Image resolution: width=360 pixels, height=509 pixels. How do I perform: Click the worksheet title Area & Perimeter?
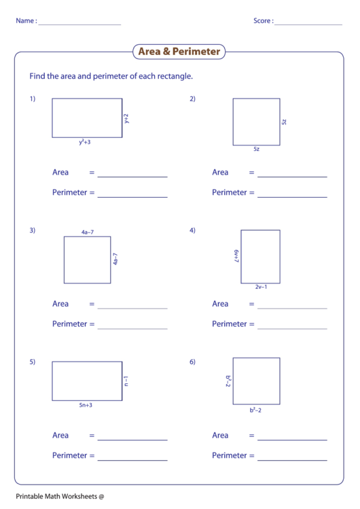tap(179, 52)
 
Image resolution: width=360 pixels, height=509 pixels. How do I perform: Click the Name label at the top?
tap(26, 21)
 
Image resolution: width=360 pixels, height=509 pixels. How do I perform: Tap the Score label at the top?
tap(264, 21)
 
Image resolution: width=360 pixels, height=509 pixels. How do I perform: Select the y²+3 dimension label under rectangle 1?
tap(84, 143)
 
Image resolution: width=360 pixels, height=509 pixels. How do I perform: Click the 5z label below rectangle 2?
tap(256, 148)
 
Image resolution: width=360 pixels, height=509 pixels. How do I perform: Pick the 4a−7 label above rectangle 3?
tap(87, 232)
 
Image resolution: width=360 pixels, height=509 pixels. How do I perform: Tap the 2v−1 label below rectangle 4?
tap(261, 287)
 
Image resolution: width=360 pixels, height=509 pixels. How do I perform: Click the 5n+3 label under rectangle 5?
tap(85, 405)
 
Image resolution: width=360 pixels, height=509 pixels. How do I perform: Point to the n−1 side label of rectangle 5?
tap(126, 381)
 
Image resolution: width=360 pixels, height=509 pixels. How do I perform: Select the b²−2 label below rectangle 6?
tap(255, 410)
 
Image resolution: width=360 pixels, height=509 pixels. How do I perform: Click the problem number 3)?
tap(32, 230)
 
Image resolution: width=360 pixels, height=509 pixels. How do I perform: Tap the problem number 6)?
tap(192, 362)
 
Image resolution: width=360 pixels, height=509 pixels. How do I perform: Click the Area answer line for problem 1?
tap(132, 177)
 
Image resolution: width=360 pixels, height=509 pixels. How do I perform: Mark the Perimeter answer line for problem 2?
tap(292, 197)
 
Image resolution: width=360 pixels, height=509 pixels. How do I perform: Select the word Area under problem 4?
tap(220, 304)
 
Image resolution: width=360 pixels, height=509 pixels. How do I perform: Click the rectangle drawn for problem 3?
tap(87, 260)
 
